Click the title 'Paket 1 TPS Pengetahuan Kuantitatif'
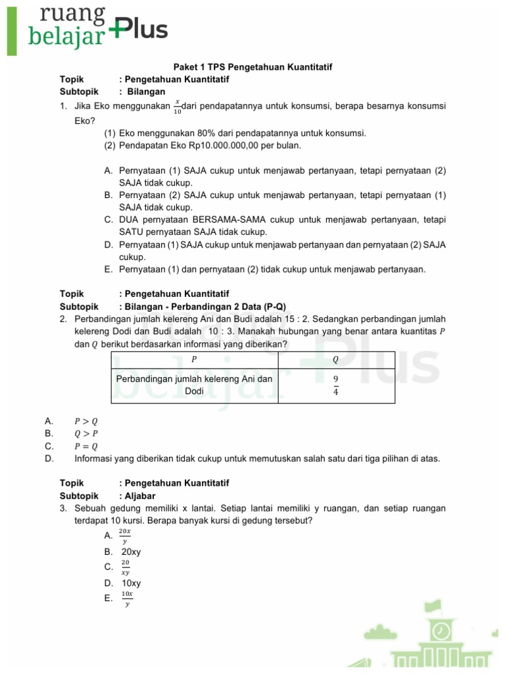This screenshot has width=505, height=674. tap(252, 67)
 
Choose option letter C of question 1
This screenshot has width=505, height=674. tap(108, 220)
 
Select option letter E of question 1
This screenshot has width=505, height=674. tap(108, 269)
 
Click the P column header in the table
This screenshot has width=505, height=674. tap(194, 359)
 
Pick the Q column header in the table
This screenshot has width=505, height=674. tap(335, 359)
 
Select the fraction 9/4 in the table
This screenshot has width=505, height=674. tap(335, 386)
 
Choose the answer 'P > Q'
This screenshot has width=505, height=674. tap(85, 421)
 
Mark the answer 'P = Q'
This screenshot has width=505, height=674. tap(85, 446)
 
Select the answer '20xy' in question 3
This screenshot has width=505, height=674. tap(132, 552)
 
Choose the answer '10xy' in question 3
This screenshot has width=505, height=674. tap(132, 583)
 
